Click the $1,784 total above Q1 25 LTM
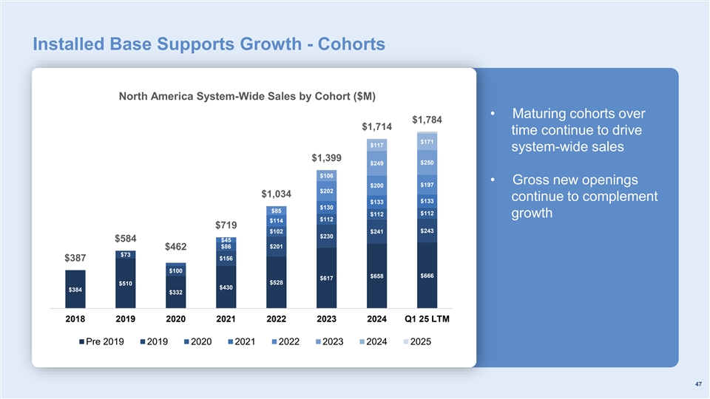pos(427,120)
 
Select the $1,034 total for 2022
pos(276,194)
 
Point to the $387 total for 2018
pos(75,259)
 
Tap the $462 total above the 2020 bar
pos(175,246)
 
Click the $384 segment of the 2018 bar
pos(75,290)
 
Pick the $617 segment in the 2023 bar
pos(326,278)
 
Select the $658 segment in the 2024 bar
pos(376,276)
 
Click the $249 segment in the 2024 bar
pos(376,163)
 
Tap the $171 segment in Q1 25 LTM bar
pos(427,141)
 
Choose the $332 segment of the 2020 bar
pos(175,293)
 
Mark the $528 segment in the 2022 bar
pos(276,283)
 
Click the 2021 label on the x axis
pos(226,319)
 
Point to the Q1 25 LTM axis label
pos(427,319)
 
